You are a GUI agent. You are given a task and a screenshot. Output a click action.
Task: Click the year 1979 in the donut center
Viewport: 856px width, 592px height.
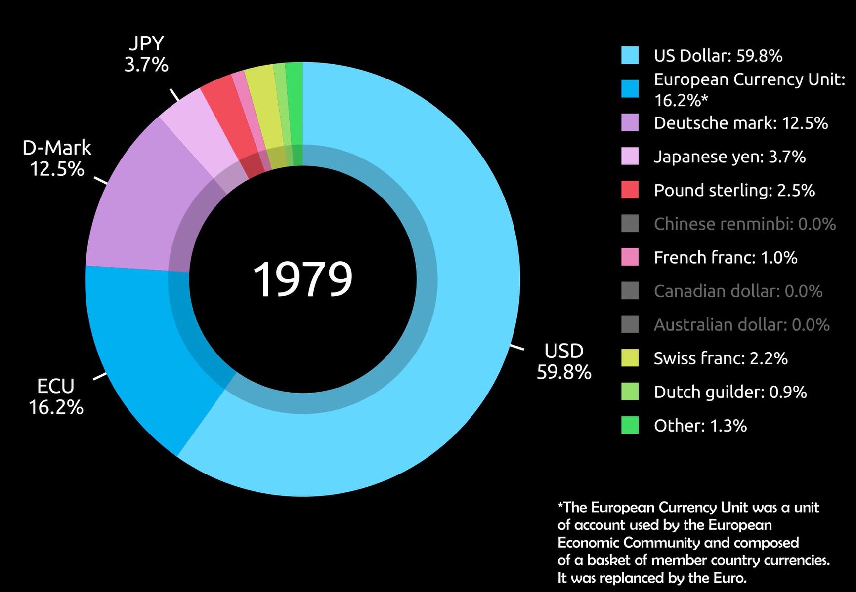click(x=302, y=279)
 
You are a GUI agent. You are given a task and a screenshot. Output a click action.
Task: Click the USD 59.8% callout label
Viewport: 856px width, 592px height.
click(x=563, y=361)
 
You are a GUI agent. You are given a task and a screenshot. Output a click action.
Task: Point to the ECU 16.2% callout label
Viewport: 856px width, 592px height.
click(x=56, y=396)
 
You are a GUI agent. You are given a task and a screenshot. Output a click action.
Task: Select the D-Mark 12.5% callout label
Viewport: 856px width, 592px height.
click(x=57, y=158)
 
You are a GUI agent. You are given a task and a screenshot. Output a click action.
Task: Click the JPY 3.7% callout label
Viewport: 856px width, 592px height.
click(x=146, y=54)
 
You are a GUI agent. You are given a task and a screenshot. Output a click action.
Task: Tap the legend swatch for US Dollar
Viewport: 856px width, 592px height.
click(x=630, y=55)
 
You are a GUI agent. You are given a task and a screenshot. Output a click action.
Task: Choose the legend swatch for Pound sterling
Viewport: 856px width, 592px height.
click(x=630, y=190)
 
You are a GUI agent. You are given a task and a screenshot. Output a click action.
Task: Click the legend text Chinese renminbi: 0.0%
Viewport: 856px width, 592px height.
click(x=744, y=224)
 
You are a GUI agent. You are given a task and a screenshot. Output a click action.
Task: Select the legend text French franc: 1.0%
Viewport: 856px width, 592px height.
click(x=725, y=257)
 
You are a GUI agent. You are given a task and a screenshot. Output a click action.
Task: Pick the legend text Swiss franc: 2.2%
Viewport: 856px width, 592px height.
click(x=720, y=358)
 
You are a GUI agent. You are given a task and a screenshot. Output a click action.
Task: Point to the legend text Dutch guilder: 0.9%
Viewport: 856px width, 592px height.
click(x=730, y=392)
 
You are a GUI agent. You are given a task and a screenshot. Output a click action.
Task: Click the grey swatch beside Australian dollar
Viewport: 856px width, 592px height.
click(x=630, y=324)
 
